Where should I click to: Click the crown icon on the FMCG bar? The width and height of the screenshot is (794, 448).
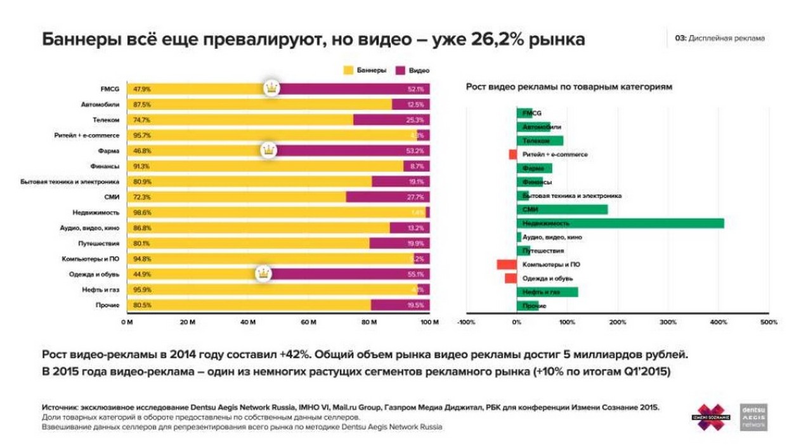(271, 88)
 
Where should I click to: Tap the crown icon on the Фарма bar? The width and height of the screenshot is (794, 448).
(270, 150)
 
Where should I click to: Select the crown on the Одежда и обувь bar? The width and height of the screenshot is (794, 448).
(264, 273)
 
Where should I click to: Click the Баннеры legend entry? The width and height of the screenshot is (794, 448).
(365, 70)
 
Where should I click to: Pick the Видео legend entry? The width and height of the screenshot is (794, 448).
(413, 70)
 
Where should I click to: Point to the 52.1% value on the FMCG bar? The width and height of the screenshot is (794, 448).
(416, 89)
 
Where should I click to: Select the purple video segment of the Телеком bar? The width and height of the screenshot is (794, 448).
(391, 120)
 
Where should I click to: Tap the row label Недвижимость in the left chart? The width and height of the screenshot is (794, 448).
(96, 213)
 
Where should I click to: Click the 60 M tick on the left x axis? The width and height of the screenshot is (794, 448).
(308, 322)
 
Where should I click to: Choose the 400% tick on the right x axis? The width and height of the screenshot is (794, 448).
(719, 322)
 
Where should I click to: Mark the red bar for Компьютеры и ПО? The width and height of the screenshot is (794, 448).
(506, 265)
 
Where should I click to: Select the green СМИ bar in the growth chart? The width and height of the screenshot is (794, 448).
(562, 209)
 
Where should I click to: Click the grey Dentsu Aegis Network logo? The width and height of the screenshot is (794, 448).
(753, 417)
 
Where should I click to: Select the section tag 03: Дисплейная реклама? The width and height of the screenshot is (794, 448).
(720, 38)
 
